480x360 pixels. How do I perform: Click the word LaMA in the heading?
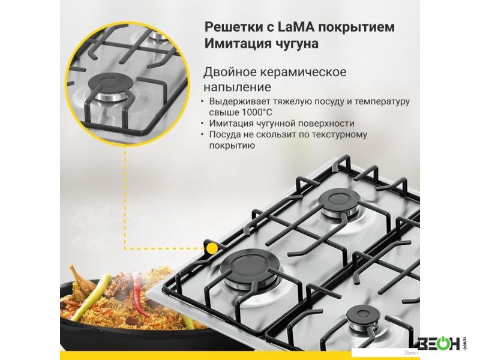click(296, 27)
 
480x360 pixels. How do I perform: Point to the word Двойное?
click(230, 72)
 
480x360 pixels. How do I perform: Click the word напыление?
click(237, 87)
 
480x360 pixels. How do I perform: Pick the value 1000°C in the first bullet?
click(257, 112)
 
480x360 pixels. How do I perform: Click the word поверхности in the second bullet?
click(326, 124)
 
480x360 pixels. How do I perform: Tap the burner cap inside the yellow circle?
click(110, 83)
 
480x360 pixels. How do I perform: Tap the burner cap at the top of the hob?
click(340, 199)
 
